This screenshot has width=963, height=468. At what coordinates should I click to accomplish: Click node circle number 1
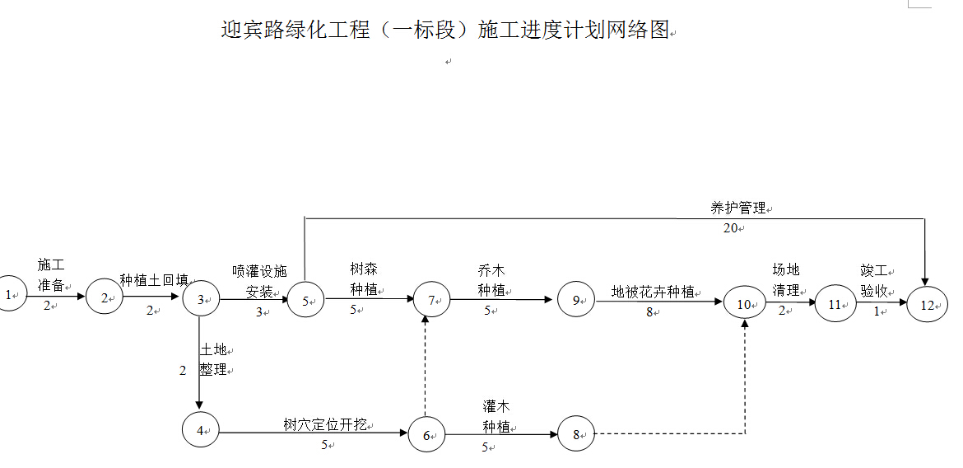tap(11, 294)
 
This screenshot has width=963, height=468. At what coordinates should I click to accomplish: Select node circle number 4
tap(201, 429)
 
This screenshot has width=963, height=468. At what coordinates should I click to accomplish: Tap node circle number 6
tap(426, 435)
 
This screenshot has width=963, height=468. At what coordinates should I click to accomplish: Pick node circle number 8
tap(576, 434)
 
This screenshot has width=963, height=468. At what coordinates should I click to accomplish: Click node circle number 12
tap(928, 305)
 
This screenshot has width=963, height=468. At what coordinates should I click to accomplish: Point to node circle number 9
tap(575, 301)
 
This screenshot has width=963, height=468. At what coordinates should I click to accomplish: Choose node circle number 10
tap(744, 305)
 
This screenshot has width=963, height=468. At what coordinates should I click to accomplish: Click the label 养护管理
tap(738, 208)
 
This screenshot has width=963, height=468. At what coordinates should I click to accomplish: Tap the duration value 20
tap(731, 228)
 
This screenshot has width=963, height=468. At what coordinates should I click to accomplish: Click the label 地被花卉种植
tap(653, 292)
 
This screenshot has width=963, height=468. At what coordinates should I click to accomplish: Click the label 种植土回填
tap(154, 280)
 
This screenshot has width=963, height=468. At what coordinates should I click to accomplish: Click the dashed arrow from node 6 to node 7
tap(426, 367)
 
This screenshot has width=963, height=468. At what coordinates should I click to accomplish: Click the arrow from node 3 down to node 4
tap(200, 363)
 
